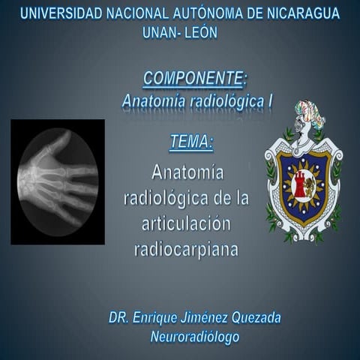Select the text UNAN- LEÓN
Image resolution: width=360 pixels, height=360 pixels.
180,32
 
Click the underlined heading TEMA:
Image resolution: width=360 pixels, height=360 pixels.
192,141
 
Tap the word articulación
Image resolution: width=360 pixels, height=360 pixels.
186,224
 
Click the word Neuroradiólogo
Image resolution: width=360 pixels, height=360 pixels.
194,337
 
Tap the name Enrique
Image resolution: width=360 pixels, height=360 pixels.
158,318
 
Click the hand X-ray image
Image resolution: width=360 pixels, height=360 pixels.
58,181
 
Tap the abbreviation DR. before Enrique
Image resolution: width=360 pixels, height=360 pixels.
118,318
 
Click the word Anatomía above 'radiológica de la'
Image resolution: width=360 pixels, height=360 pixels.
187,173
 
